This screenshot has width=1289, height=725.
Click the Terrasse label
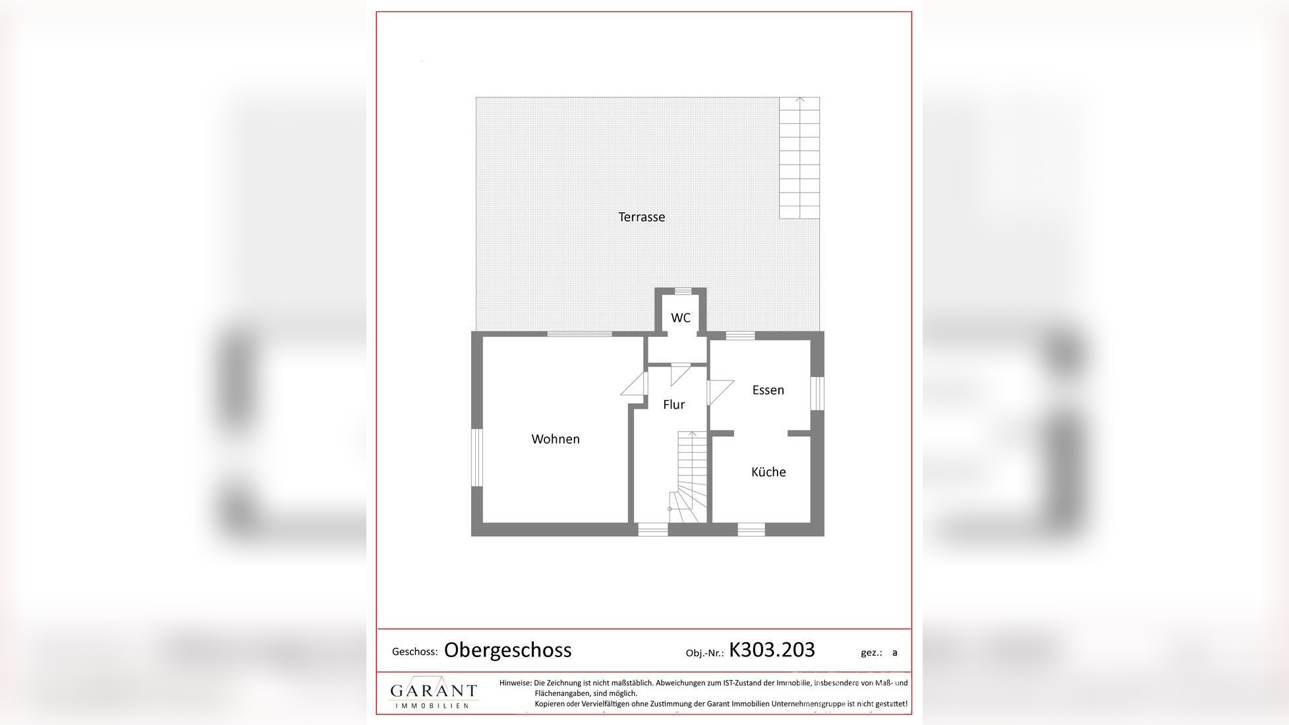(641, 217)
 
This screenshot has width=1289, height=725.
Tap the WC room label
(680, 318)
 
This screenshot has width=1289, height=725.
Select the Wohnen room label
(556, 439)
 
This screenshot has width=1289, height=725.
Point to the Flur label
(673, 405)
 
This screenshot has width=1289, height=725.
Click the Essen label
(768, 390)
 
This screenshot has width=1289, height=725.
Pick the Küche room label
(768, 472)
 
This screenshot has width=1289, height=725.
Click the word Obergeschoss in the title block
(507, 650)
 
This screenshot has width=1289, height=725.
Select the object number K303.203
(772, 650)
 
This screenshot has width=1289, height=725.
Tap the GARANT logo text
(434, 691)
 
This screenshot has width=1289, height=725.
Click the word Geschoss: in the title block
(415, 652)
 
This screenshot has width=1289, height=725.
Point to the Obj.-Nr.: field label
(704, 653)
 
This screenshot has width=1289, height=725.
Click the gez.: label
(871, 652)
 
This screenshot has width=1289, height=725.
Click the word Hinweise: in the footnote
(515, 683)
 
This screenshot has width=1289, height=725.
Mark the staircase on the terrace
(799, 158)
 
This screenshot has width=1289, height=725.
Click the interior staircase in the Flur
(689, 478)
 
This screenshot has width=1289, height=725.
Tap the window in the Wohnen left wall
(476, 457)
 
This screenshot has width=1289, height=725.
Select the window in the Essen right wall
(817, 393)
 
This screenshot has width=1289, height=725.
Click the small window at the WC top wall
(683, 291)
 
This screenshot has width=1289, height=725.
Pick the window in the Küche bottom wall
(751, 529)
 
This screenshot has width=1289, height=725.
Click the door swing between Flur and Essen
(720, 391)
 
